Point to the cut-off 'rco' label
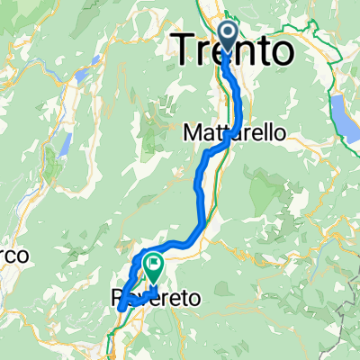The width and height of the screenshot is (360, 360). pyautogui.click(x=13, y=256)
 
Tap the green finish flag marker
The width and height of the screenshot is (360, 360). pyautogui.click(x=154, y=268)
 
